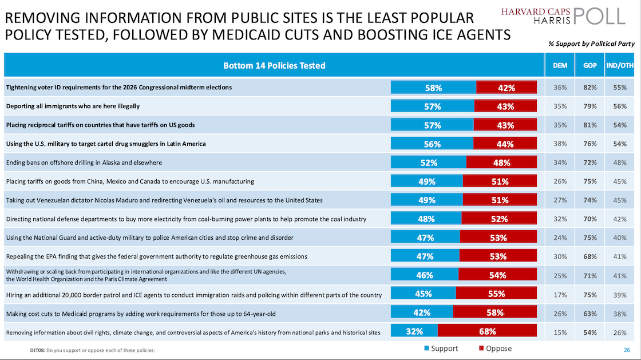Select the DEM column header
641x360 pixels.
click(560, 65)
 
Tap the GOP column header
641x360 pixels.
click(590, 65)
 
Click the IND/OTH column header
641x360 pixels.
click(620, 65)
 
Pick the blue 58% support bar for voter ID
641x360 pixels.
click(433, 88)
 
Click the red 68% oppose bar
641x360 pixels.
click(487, 331)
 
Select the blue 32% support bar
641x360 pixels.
click(414, 331)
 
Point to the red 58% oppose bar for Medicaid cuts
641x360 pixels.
click(494, 312)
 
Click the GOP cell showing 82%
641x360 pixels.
click(590, 88)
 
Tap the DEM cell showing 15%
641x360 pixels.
click(560, 331)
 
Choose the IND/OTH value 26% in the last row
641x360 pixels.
click(620, 331)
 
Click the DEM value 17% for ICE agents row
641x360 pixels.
click(560, 294)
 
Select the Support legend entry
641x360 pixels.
click(440, 349)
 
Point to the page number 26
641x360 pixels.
click(626, 350)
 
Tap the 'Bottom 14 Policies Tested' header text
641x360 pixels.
click(274, 65)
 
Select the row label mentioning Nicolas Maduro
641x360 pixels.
click(164, 200)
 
